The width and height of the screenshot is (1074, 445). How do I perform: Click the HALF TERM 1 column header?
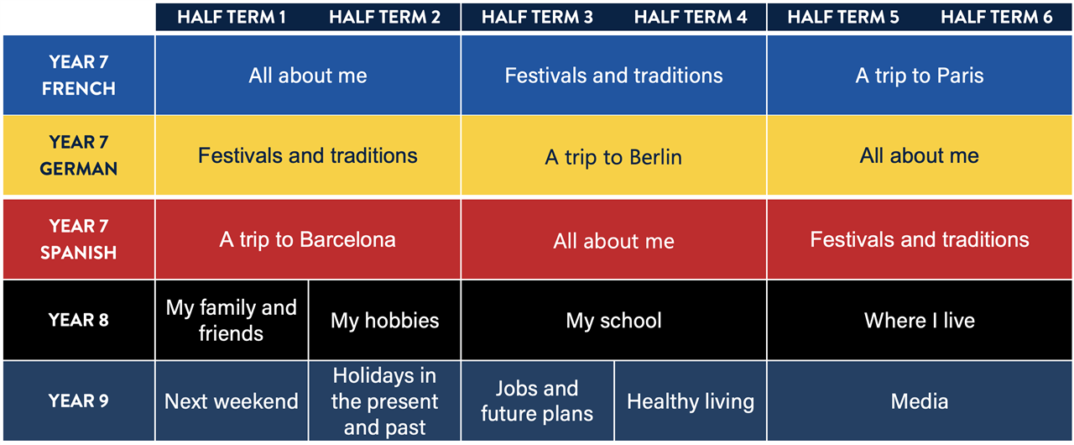232,18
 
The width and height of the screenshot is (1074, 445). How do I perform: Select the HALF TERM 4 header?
691,18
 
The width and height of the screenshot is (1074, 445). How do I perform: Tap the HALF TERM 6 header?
996,18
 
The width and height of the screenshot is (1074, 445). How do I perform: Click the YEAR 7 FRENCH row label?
79,75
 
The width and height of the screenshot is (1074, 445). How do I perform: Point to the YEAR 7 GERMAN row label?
79,155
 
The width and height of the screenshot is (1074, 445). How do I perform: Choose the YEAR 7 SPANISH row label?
79,238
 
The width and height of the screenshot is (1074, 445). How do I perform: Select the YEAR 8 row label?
79,320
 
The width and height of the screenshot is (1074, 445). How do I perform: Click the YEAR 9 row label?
79,400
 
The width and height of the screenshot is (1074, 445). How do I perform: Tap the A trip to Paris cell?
920,75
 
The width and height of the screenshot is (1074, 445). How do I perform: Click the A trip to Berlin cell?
613,155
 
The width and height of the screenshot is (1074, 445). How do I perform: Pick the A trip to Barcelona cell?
308,238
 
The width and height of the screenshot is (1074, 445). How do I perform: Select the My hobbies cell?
384,320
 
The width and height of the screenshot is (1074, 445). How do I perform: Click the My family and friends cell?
232,320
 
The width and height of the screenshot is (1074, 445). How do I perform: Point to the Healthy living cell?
691,400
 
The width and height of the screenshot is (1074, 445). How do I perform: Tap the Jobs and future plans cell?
538,400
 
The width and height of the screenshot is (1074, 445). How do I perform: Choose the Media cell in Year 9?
920,400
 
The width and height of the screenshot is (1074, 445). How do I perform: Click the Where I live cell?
920,320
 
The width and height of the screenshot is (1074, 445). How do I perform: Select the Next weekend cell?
232,400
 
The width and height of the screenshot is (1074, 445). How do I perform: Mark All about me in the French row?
308,75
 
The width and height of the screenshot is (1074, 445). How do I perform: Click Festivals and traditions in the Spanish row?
920,238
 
